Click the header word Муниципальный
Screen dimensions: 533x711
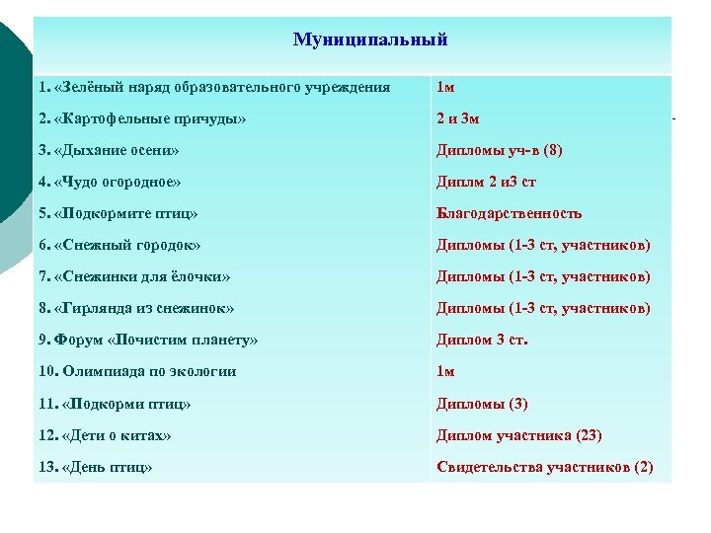click(370, 39)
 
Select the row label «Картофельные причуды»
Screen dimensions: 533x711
click(142, 119)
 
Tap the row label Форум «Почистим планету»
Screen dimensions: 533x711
click(148, 340)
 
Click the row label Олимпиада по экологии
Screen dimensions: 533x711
click(137, 371)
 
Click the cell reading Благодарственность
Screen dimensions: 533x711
click(510, 213)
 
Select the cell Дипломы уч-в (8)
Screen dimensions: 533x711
click(500, 151)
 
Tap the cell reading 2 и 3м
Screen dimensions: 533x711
click(458, 119)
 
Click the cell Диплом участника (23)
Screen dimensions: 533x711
click(519, 435)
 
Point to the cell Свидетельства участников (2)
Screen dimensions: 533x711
click(545, 467)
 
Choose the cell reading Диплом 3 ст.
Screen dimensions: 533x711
click(483, 340)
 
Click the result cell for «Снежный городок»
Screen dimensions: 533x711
click(544, 245)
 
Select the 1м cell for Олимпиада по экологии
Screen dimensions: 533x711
click(446, 371)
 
